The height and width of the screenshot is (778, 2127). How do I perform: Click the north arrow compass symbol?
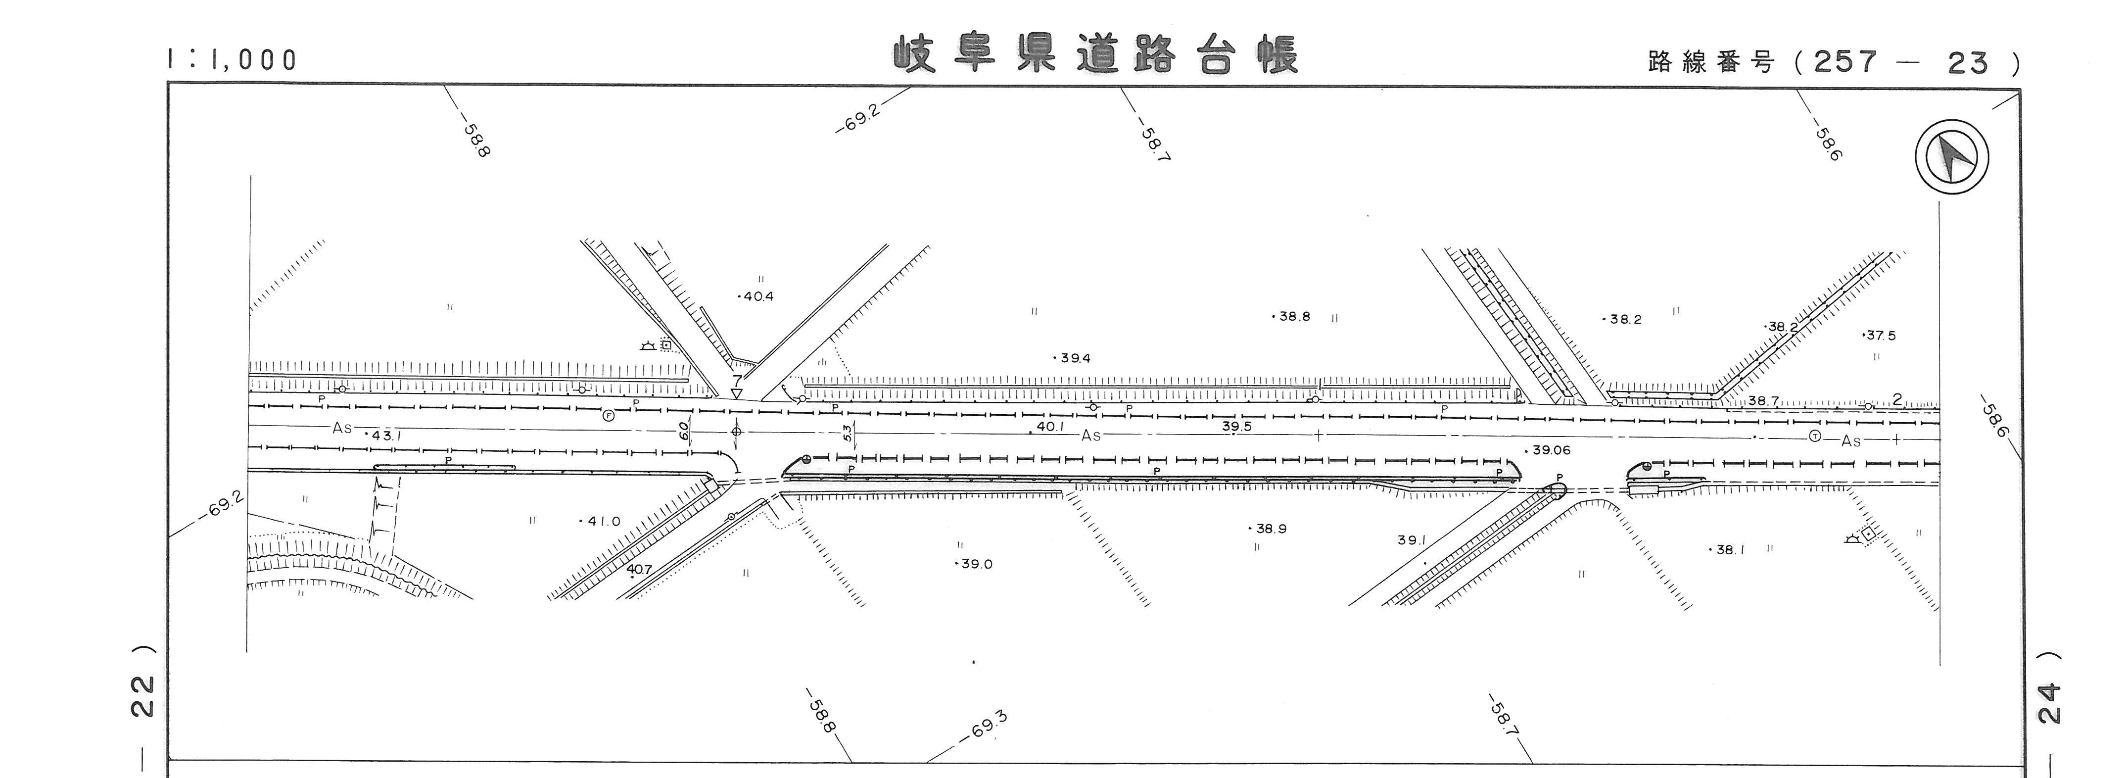coord(1951,157)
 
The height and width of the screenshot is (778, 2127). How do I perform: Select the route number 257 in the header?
coord(1845,62)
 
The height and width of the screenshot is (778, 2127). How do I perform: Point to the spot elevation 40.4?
coord(757,296)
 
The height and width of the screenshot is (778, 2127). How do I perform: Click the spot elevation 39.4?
coord(1074,358)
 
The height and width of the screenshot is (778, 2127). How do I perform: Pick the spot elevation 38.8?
coord(1293,316)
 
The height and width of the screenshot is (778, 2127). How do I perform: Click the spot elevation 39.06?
coord(1550,450)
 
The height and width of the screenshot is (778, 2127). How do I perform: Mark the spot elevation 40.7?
coord(639,569)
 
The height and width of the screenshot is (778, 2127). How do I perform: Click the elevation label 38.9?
coord(1270,529)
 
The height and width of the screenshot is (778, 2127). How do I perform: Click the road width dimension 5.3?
coord(847,433)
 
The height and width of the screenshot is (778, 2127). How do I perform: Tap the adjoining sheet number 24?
coord(2050,702)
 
